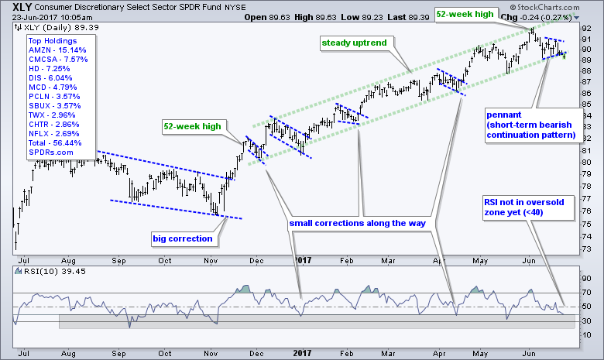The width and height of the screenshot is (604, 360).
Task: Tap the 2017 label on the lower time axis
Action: (x=301, y=353)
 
